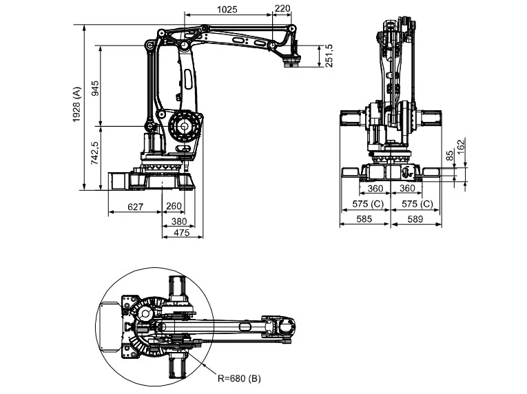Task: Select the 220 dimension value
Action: coord(282,10)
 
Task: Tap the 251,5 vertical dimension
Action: coord(329,56)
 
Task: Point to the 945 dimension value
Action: coord(96,87)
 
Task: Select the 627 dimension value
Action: coord(135,206)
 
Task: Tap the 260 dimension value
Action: coord(174,206)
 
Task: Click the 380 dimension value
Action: coord(179,221)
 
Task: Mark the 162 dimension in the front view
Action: coord(462,145)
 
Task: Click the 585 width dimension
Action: coord(364,219)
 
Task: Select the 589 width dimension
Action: coord(415,219)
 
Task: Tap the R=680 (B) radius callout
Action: coord(238,378)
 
